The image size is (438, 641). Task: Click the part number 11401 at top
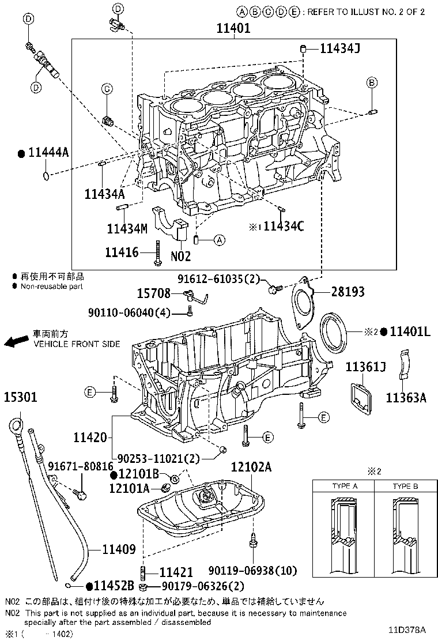coord(233,28)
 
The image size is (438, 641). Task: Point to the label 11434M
coord(127,228)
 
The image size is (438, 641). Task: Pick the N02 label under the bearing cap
coord(180,255)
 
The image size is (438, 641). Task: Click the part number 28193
coord(348,292)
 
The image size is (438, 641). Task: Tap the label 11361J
coord(365,367)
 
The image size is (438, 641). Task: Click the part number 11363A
coord(406,397)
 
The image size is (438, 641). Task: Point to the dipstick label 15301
coord(21,397)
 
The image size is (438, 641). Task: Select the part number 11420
coord(90,438)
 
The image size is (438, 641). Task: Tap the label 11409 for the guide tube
coord(119,549)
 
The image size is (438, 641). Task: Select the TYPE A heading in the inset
coord(345,486)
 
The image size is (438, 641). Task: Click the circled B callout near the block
coord(372,84)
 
